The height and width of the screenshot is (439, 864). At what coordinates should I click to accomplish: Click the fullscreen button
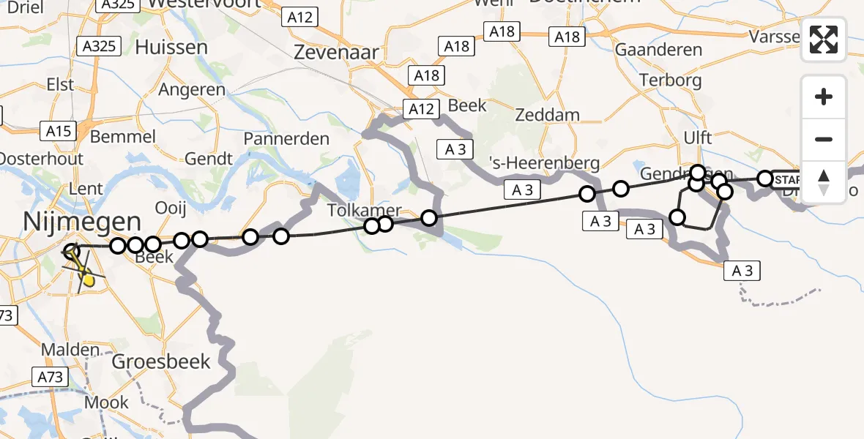pyautogui.click(x=824, y=40)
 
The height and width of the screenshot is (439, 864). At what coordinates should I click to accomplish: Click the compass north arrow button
pyautogui.click(x=824, y=181)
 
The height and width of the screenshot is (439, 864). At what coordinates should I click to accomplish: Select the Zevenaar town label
pyautogui.click(x=336, y=52)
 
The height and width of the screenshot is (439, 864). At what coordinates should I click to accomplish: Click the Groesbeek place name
pyautogui.click(x=161, y=361)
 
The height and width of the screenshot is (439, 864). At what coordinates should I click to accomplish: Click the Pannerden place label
pyautogui.click(x=286, y=138)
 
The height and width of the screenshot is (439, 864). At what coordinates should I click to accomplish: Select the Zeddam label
pyautogui.click(x=547, y=115)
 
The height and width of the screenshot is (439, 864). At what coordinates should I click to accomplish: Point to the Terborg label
pyautogui.click(x=670, y=80)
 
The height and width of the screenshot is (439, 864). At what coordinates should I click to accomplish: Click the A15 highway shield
pyautogui.click(x=59, y=131)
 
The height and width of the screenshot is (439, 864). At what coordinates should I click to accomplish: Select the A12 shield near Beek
pyautogui.click(x=421, y=110)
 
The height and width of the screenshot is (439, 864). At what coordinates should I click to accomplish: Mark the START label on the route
pyautogui.click(x=787, y=179)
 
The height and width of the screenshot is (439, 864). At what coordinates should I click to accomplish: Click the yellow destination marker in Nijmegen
pyautogui.click(x=87, y=278)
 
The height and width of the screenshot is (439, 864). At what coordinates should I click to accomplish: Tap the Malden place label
pyautogui.click(x=70, y=350)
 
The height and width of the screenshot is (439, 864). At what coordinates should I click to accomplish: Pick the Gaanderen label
pyautogui.click(x=658, y=50)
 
